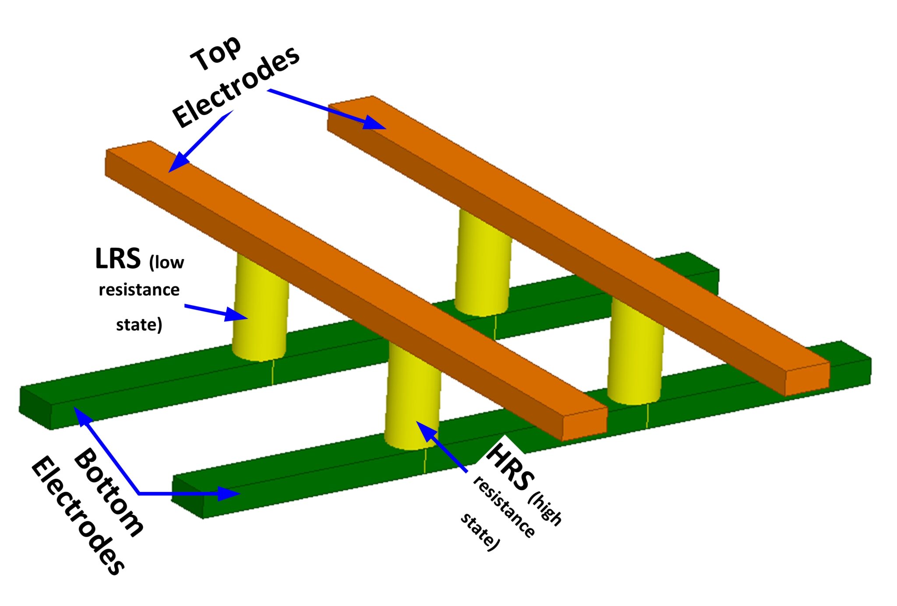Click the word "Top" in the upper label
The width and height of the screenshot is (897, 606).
[x=215, y=53]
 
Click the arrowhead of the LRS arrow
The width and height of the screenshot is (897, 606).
[x=237, y=315]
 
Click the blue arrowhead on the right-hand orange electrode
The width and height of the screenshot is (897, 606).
[x=374, y=123]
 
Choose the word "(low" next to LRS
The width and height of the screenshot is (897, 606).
[x=166, y=262]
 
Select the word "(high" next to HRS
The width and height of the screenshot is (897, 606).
[x=545, y=509]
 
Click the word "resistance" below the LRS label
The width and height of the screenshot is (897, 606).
[x=139, y=290]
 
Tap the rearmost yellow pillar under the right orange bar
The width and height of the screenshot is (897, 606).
[x=483, y=263]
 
